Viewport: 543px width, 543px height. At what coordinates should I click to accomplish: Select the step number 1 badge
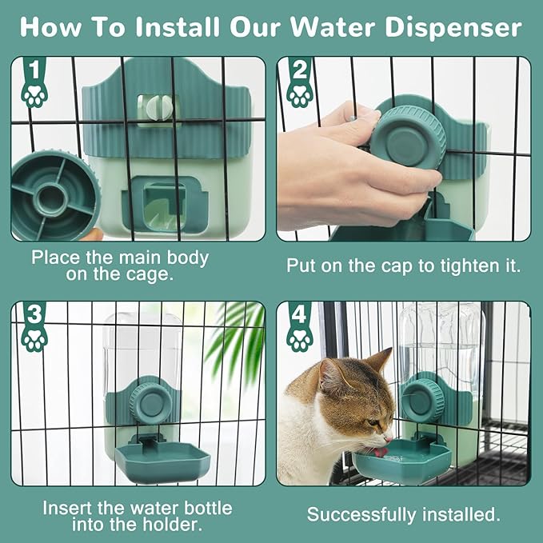click(32, 69)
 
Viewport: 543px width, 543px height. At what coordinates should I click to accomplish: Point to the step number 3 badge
click(32, 313)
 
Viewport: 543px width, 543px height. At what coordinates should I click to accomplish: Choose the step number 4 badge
click(297, 313)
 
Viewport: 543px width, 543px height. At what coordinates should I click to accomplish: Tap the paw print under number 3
click(33, 340)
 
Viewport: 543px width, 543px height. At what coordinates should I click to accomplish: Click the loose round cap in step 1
click(53, 196)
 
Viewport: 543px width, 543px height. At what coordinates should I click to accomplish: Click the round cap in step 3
click(147, 400)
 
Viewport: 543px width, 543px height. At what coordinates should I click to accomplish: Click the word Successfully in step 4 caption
click(369, 513)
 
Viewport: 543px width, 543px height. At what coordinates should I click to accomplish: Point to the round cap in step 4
click(419, 399)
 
